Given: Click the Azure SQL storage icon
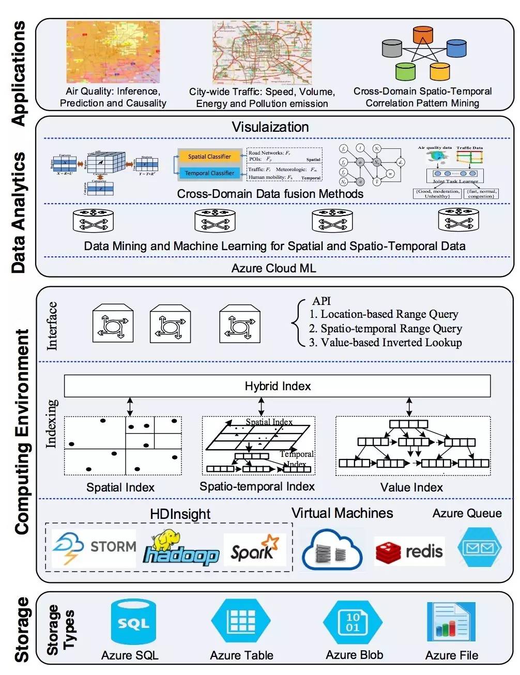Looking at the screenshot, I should tap(133, 622).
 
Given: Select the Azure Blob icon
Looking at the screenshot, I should tap(353, 622).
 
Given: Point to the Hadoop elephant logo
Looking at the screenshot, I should tap(180, 549).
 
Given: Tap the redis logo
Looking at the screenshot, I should tap(409, 551).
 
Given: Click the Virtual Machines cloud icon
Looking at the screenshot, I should tap(331, 551).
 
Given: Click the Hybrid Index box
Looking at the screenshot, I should tap(277, 386).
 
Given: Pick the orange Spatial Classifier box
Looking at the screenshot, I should tap(209, 156).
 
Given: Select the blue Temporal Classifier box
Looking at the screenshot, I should tap(209, 173).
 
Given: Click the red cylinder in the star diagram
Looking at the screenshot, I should tap(423, 35).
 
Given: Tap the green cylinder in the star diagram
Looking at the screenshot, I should tap(406, 71).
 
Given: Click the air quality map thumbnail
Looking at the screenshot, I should tap(113, 52).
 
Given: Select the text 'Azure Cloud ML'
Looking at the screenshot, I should tap(273, 268).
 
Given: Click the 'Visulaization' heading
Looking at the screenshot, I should tap(270, 127).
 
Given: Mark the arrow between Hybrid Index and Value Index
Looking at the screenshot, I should tap(409, 407).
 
